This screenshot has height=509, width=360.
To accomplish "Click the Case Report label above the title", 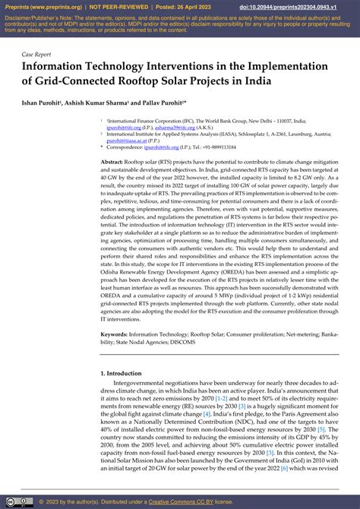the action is pos(37,55).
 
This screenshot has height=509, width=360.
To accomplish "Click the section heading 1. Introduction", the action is pos(125,373).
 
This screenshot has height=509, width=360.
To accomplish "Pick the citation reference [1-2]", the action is pos(223,398).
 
